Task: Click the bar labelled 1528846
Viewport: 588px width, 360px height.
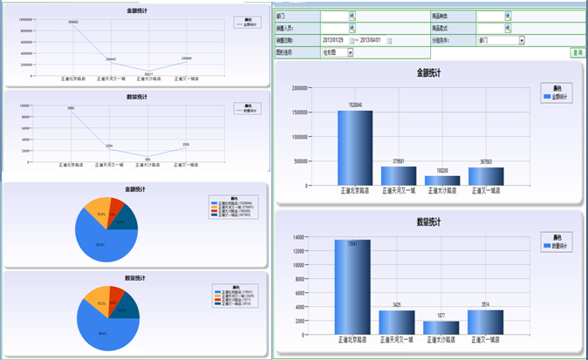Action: tap(355, 147)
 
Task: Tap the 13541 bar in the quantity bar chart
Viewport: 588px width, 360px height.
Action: tap(352, 287)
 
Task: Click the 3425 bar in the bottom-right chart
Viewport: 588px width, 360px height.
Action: tap(397, 323)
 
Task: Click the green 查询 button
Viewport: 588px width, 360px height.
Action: tap(577, 52)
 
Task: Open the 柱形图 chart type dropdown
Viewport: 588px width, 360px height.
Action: tap(350, 52)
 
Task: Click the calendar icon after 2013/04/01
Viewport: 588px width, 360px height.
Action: tap(390, 40)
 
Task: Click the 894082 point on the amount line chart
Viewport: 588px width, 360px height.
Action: tap(72, 24)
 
